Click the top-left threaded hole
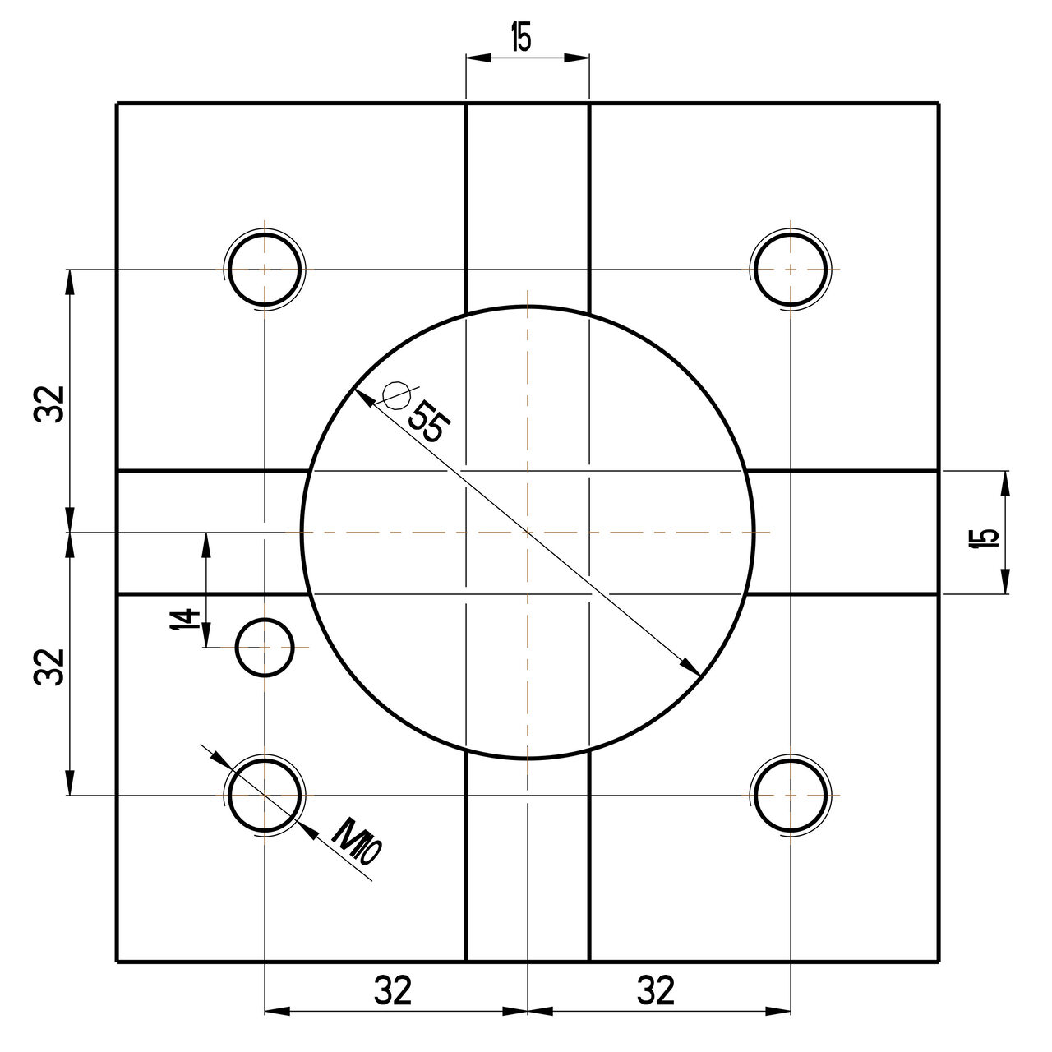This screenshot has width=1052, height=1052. point(264,270)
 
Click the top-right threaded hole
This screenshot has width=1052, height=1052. point(790,270)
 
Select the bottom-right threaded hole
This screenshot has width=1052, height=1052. point(790,796)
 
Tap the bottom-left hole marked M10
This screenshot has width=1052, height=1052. point(264,796)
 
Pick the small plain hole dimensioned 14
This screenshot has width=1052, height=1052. point(264,648)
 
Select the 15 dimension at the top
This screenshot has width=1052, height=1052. point(521,38)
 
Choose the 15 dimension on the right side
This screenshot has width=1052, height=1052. point(985,538)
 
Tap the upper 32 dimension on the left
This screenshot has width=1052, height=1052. point(49,403)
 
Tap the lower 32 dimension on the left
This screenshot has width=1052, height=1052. point(49,666)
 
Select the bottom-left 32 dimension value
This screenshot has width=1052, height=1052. point(393,991)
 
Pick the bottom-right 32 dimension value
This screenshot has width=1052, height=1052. point(656,991)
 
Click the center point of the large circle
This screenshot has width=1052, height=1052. point(527,533)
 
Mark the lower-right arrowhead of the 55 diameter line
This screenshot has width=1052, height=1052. point(693,668)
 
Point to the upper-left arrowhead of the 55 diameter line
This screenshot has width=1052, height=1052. point(362,396)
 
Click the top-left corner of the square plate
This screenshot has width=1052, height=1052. point(118,104)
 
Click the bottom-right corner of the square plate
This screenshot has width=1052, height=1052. point(939,961)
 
